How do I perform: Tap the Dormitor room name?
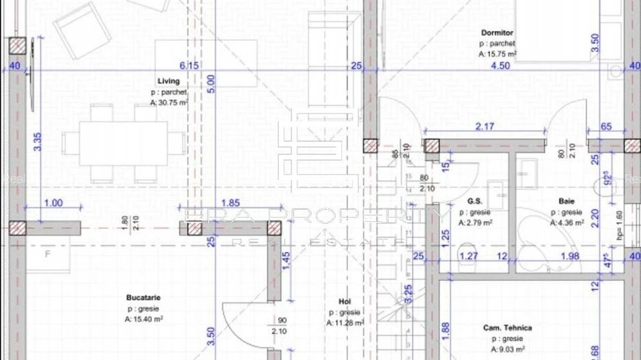(497, 32)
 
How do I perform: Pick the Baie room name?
(566, 202)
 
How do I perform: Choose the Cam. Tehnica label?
(506, 328)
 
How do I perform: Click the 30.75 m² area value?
(169, 102)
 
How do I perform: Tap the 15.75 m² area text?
(497, 53)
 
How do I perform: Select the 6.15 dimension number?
(189, 66)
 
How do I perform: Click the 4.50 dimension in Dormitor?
(500, 66)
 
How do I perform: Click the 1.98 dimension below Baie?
(569, 256)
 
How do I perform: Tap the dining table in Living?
(124, 143)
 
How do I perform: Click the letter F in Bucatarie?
(48, 255)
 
